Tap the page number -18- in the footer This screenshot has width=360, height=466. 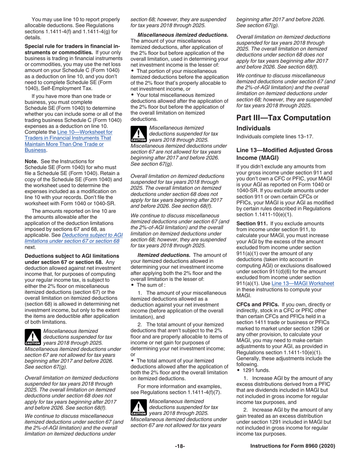pos(180,446)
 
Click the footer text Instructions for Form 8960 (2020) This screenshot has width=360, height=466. pos(293,446)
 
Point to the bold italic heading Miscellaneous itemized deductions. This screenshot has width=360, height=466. pos(180,35)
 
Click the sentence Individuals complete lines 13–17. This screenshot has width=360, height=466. pos(272,136)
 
